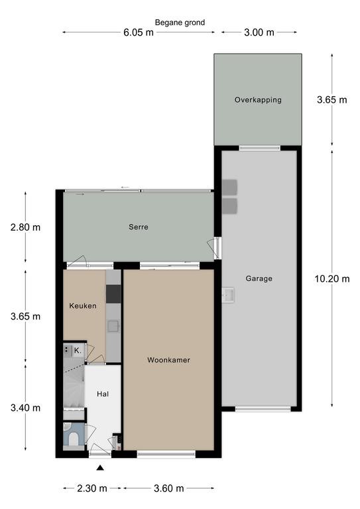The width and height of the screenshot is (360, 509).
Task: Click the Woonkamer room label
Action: tap(168, 360)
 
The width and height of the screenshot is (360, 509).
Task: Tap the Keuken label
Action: tap(83, 306)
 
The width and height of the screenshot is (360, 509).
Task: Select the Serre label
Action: tap(139, 227)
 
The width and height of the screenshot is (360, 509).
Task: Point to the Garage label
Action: tap(259, 278)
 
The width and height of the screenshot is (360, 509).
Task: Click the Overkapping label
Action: tap(258, 99)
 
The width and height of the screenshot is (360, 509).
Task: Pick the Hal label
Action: tap(103, 394)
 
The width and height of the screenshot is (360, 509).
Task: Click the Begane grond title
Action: tap(180, 23)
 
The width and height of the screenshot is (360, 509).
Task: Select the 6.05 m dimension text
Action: tap(139, 32)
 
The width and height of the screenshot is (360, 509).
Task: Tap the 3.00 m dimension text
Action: tap(259, 32)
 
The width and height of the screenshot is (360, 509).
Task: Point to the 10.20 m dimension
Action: tap(332, 278)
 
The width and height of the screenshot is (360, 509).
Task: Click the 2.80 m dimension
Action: tap(25, 227)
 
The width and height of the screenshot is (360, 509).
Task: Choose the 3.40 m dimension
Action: tap(25, 408)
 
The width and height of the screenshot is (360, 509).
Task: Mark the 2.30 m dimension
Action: tap(92, 488)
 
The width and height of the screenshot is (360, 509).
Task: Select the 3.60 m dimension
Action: tap(169, 488)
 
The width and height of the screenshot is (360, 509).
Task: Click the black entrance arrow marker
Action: tap(101, 468)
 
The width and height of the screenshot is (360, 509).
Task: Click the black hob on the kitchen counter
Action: tap(113, 294)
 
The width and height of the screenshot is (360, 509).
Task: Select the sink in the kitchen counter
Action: tap(113, 326)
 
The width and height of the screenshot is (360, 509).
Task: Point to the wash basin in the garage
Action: tap(228, 295)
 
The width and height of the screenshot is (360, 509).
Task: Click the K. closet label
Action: tap(78, 351)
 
